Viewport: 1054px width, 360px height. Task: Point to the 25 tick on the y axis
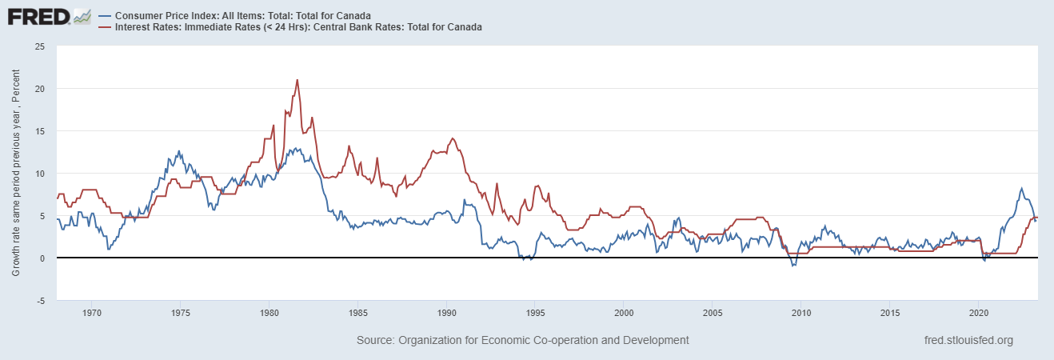[x=39, y=46]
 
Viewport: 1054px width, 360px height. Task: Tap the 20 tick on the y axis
[x=39, y=89]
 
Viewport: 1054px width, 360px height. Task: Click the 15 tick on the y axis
[x=39, y=131]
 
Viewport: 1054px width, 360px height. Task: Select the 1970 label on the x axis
[x=91, y=312]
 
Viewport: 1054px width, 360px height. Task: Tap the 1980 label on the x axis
[x=269, y=312]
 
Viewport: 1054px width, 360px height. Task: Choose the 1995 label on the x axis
[x=535, y=312]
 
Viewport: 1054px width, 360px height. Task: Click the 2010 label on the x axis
[x=801, y=312]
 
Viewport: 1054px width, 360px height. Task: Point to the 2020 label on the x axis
[x=979, y=312]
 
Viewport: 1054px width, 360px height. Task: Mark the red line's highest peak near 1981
[x=297, y=80]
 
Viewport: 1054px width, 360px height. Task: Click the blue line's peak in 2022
[x=1021, y=189]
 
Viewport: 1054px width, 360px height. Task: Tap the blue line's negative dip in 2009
[x=793, y=265]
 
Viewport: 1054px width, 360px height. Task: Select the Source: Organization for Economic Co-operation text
[x=522, y=340]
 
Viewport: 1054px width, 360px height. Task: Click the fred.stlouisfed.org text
[x=968, y=340]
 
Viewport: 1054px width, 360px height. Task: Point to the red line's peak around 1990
[x=453, y=138]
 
